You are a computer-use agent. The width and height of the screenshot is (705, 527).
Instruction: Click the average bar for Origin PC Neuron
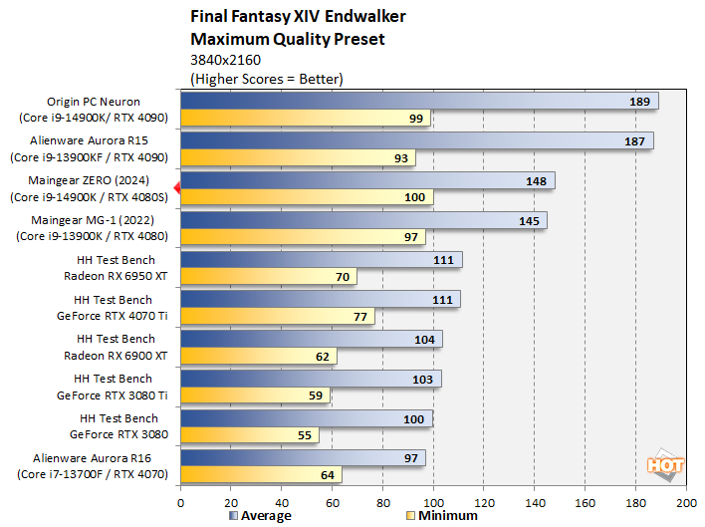(x=418, y=102)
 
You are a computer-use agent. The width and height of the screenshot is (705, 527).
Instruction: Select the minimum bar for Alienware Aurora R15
(x=298, y=158)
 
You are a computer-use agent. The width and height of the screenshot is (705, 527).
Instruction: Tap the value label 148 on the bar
(x=534, y=180)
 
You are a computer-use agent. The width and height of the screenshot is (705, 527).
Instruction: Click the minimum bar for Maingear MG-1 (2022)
(x=303, y=237)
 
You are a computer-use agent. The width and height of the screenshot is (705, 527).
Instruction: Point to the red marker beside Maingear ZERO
(x=176, y=187)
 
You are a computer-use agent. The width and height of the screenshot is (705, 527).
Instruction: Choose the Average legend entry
(x=260, y=516)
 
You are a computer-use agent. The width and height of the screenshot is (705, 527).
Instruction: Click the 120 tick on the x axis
(x=484, y=503)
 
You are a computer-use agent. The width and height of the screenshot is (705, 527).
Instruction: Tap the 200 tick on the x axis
(x=686, y=503)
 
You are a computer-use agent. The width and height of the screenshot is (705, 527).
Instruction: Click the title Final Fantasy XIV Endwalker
(x=295, y=17)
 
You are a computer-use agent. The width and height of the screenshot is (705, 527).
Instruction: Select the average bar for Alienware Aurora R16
(x=303, y=457)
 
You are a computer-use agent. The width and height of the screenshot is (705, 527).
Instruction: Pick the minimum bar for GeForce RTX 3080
(x=250, y=434)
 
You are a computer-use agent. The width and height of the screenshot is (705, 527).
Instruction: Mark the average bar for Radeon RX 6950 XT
(x=321, y=260)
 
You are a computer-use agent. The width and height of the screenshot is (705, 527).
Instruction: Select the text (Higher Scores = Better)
(x=266, y=78)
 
